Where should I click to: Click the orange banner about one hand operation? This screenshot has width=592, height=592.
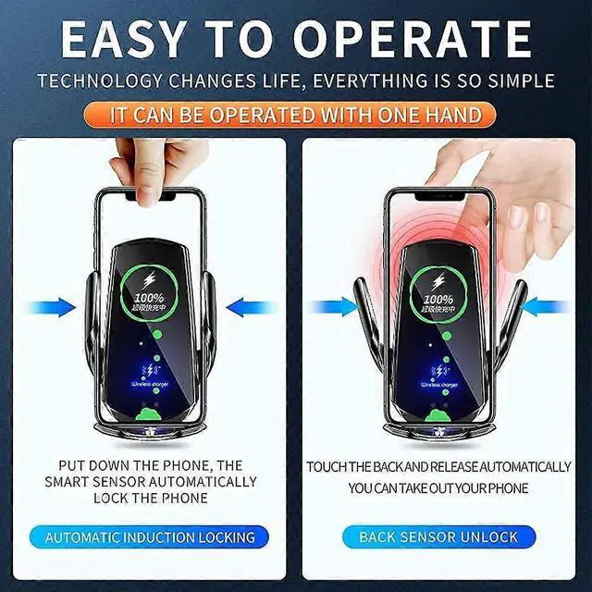click(x=296, y=115)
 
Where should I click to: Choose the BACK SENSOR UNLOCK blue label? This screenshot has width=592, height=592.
click(x=438, y=536)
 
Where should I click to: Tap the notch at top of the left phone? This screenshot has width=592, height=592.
click(x=152, y=195)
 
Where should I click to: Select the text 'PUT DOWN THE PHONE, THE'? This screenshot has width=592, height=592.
click(x=151, y=465)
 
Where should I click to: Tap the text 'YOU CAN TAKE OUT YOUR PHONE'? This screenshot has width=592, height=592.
click(x=438, y=487)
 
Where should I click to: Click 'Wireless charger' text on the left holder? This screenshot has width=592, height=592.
click(x=151, y=379)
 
